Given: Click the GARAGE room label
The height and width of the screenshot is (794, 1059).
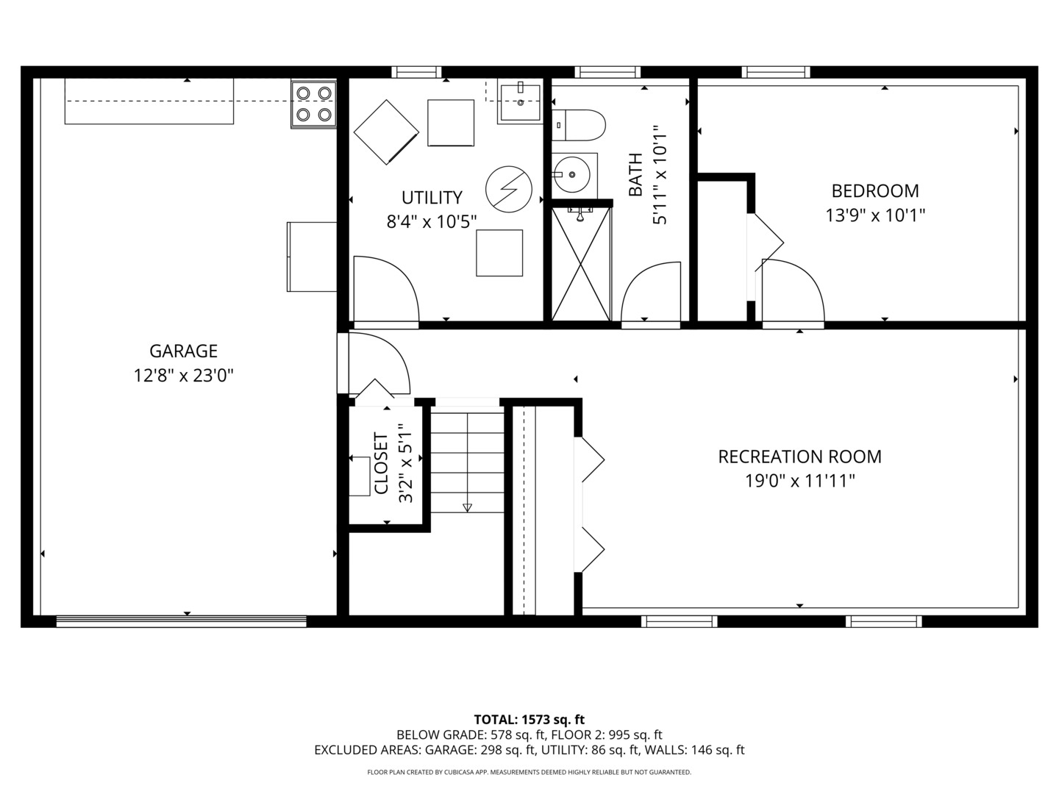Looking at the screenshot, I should pyautogui.click(x=183, y=351).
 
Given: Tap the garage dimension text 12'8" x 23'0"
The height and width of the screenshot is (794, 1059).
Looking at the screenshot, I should pyautogui.click(x=183, y=376).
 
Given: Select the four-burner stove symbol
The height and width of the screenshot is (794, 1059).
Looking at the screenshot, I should pyautogui.click(x=313, y=104).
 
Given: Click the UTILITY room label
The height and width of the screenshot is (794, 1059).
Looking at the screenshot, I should pyautogui.click(x=432, y=198).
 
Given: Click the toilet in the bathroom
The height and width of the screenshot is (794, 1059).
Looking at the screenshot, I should pyautogui.click(x=579, y=125).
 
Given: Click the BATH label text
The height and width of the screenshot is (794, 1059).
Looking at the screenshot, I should pyautogui.click(x=635, y=174).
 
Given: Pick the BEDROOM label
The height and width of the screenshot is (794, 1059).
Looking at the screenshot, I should pyautogui.click(x=874, y=191).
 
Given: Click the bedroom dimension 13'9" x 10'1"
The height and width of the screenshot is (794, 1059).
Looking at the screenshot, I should pyautogui.click(x=874, y=215).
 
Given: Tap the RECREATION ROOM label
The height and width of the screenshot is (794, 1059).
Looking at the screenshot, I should pyautogui.click(x=799, y=457).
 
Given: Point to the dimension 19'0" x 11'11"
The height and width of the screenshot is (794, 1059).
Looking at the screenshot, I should pyautogui.click(x=799, y=482).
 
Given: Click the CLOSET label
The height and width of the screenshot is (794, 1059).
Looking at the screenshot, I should pyautogui.click(x=381, y=463).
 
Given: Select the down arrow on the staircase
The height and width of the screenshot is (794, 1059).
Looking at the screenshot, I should pyautogui.click(x=467, y=507).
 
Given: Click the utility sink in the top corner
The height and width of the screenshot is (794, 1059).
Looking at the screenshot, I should pyautogui.click(x=521, y=102).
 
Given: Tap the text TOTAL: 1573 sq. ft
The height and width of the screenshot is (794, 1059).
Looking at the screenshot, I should pyautogui.click(x=529, y=720).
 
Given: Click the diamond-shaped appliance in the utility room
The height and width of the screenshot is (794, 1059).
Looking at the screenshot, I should pyautogui.click(x=386, y=132).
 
